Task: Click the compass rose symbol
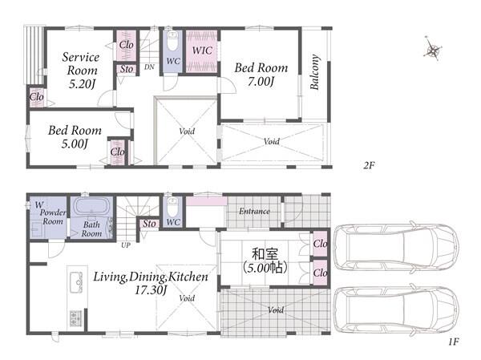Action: [433, 50]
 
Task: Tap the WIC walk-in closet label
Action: [202, 50]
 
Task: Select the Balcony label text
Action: [314, 72]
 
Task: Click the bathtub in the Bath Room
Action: [91, 205]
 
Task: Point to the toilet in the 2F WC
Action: [172, 41]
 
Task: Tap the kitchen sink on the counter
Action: [76, 282]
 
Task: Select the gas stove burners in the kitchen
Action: [75, 318]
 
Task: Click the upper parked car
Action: [396, 247]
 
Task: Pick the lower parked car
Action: [396, 311]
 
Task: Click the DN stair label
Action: [149, 67]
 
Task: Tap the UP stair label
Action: [126, 245]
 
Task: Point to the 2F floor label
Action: [369, 165]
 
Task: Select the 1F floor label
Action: [454, 342]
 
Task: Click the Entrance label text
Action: [254, 211]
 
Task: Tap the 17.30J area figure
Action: [151, 290]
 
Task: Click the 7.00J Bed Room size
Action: [261, 81]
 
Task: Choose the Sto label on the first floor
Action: [149, 224]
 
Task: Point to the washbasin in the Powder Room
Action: [38, 229]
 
